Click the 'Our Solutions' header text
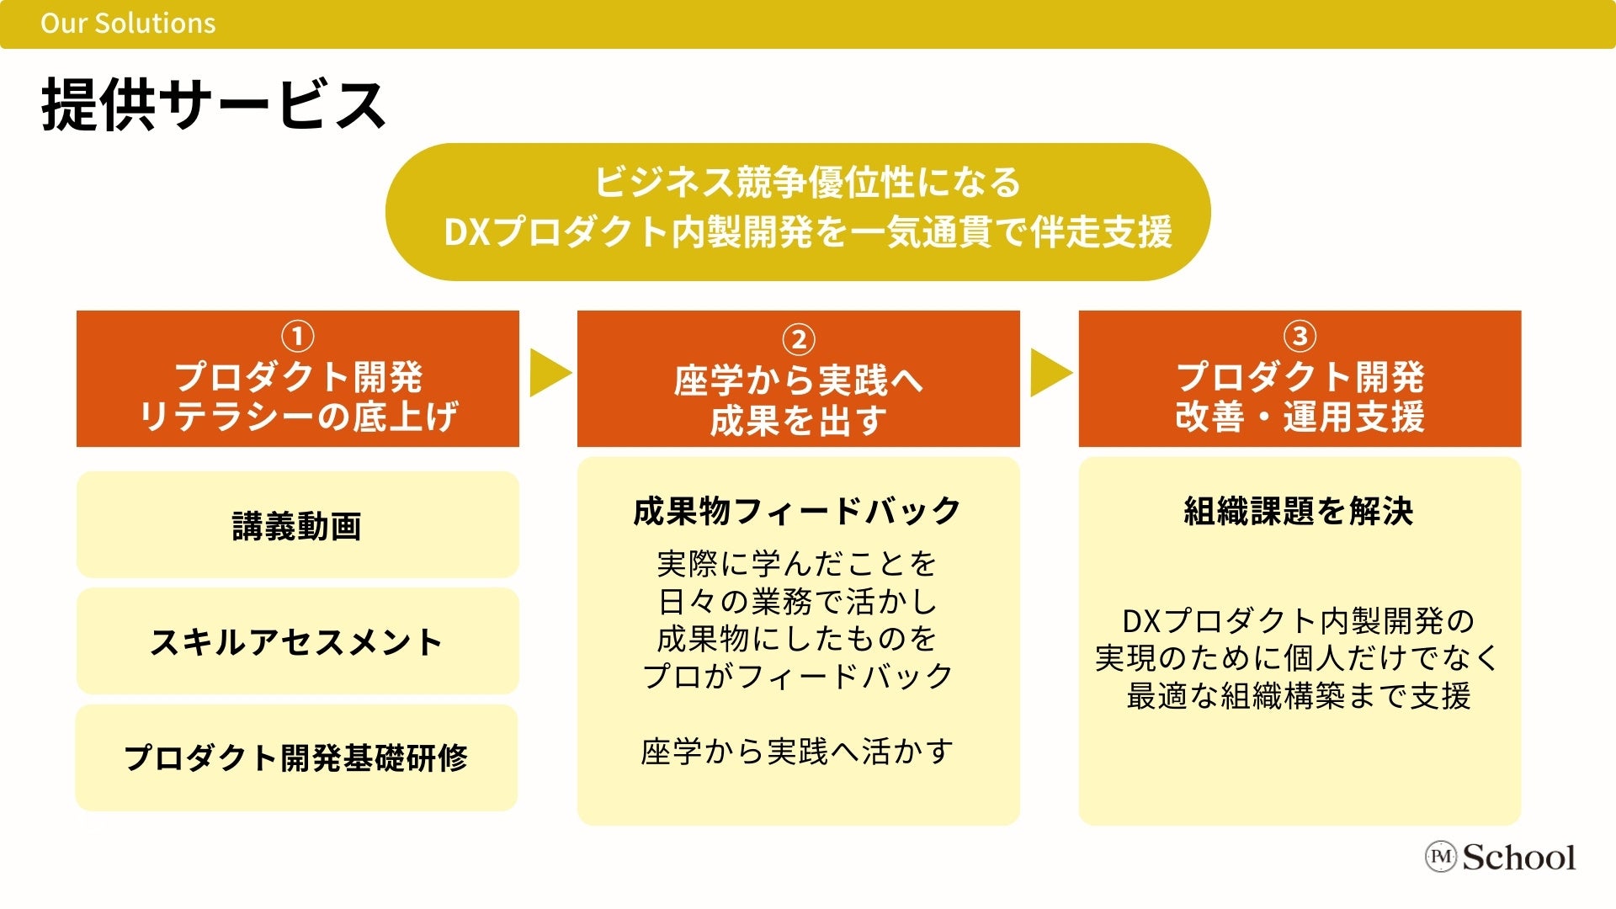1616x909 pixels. [x=128, y=23]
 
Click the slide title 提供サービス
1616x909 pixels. [x=214, y=105]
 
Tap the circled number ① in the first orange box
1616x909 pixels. [x=297, y=337]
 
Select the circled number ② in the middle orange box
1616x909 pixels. [x=798, y=339]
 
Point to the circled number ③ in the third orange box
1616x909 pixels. [x=1300, y=337]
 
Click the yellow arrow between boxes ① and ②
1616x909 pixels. [x=550, y=372]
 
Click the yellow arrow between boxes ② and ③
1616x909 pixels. [x=1050, y=372]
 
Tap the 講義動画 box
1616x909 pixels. [x=297, y=525]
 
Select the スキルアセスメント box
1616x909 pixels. [x=297, y=641]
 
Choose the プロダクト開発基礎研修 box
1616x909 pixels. [x=296, y=757]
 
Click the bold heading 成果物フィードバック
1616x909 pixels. [x=797, y=511]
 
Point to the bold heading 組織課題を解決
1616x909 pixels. [x=1299, y=511]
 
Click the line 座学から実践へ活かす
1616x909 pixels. [x=797, y=751]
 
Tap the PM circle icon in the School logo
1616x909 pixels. [x=1441, y=857]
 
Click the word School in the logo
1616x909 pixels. [x=1519, y=857]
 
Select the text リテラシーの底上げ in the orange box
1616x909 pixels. [x=298, y=416]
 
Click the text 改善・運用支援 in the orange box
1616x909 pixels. [x=1300, y=416]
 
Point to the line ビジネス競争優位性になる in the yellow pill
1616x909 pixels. [x=808, y=182]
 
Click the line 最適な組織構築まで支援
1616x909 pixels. [x=1299, y=695]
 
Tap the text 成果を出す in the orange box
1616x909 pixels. [x=798, y=420]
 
